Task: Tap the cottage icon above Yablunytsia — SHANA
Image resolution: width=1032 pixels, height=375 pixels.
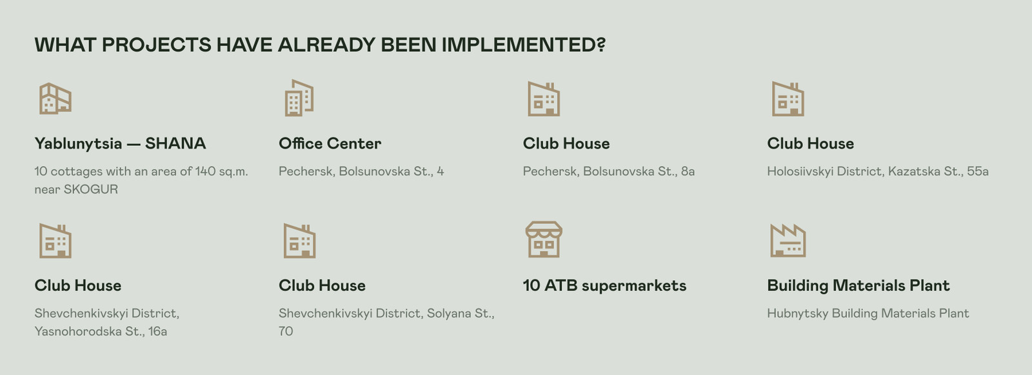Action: pos(55,99)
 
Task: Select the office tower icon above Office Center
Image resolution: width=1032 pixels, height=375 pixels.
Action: pos(299,98)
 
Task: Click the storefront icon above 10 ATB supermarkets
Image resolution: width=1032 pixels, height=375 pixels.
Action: pos(544,239)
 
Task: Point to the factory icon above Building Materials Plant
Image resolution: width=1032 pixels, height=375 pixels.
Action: pos(788,240)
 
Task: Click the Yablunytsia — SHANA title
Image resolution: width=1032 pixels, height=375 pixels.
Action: pos(120,144)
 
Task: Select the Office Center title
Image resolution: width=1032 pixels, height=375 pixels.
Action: pos(330,143)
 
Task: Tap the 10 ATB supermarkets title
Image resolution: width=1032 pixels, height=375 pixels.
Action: pos(604,285)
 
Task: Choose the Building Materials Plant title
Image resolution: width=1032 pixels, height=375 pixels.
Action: pos(858,285)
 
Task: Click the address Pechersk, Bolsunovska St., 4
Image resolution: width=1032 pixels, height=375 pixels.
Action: pos(361,172)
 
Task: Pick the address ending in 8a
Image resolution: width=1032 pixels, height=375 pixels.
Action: pos(609,172)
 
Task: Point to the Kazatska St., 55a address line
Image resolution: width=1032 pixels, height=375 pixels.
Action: pos(878,172)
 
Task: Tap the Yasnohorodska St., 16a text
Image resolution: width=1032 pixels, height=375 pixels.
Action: pos(101,331)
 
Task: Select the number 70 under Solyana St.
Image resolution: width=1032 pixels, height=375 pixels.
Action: pos(286,331)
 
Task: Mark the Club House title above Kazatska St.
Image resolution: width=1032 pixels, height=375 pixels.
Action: pos(810,143)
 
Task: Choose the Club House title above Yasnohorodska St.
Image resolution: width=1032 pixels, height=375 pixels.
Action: pos(78,285)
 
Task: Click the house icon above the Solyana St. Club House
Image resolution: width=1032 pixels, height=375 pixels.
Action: pos(299,241)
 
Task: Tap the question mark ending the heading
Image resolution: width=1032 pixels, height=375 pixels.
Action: pos(600,45)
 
